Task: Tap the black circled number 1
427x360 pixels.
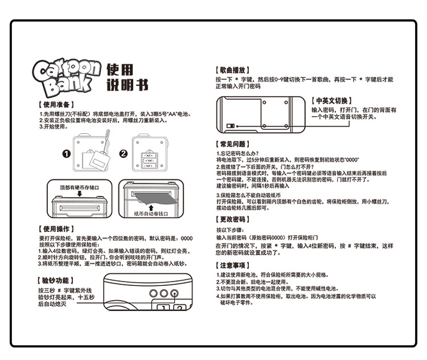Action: point(65,154)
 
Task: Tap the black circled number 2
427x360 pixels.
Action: point(122,154)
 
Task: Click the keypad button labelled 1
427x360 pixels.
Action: point(163,308)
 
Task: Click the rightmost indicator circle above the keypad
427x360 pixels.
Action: point(176,293)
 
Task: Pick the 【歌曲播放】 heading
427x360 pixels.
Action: point(232,69)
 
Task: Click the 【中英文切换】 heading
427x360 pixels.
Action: point(332,99)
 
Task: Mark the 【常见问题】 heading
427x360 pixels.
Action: point(232,145)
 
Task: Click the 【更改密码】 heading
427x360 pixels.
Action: point(232,219)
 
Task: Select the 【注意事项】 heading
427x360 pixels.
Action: point(232,265)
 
